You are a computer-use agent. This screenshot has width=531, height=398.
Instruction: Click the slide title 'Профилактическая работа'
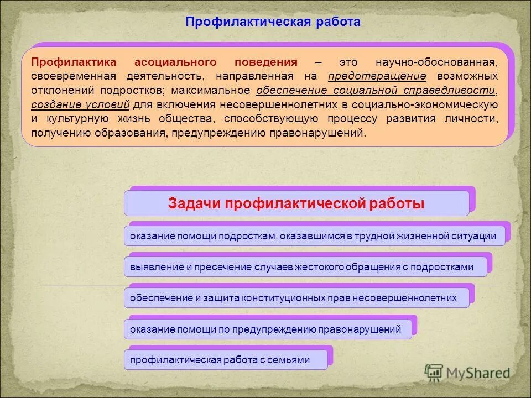click(x=273, y=22)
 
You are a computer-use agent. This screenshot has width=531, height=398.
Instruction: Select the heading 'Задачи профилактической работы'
click(x=296, y=203)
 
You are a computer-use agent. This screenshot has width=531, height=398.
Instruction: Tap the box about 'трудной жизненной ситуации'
click(x=313, y=236)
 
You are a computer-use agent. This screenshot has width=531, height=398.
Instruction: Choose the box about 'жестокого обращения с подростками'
click(x=301, y=267)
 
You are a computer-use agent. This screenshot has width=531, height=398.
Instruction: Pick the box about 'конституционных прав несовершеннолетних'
click(x=293, y=298)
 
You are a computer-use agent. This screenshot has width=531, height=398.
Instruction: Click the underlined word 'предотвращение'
click(x=377, y=76)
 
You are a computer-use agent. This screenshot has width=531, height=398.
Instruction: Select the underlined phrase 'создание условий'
click(x=81, y=104)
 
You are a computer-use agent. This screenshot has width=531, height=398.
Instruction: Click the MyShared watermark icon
click(x=434, y=373)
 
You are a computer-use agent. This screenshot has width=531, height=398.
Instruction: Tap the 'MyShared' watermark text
click(x=478, y=373)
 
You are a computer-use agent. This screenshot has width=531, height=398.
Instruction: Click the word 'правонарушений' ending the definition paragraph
click(x=316, y=133)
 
